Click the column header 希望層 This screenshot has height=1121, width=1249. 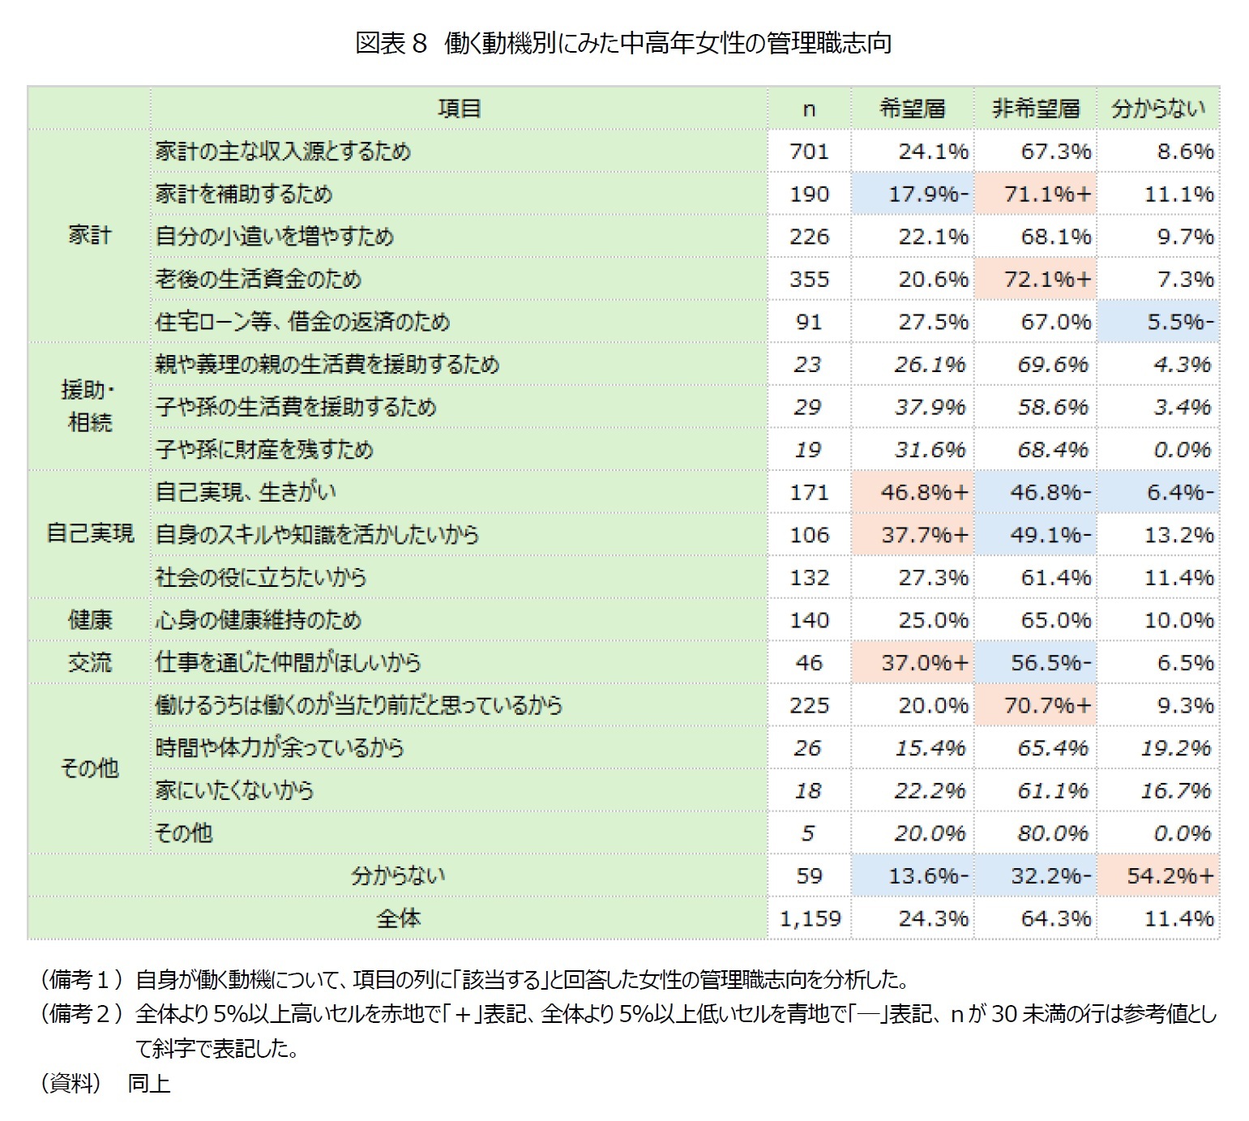[912, 109]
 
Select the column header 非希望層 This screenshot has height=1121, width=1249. [1036, 109]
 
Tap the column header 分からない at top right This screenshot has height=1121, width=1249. [1158, 109]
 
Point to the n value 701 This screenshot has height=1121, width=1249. [809, 152]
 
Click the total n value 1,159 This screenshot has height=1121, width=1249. [810, 918]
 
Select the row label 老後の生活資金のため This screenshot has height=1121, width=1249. [259, 279]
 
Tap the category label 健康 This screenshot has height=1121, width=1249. [89, 620]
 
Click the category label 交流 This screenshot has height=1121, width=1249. [89, 662]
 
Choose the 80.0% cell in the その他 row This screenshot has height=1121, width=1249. [1052, 833]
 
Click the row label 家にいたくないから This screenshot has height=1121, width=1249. [234, 790]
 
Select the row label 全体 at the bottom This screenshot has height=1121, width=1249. [398, 918]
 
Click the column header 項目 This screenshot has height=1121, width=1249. [460, 109]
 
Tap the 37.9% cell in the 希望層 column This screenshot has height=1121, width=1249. [930, 407]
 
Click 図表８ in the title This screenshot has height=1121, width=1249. [391, 43]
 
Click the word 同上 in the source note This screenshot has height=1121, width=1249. [149, 1083]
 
